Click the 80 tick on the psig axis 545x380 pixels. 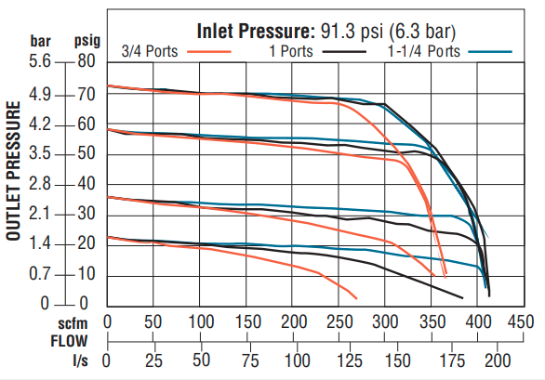86,63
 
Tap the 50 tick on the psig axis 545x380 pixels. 86,154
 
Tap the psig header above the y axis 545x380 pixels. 87,43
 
